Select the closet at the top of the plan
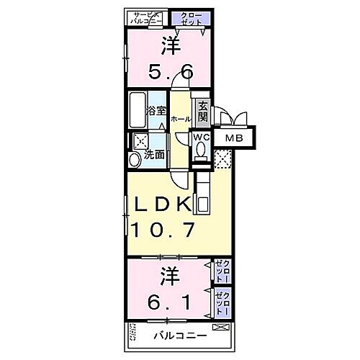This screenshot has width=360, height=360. pos(191,19)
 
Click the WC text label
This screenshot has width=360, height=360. pos(201,136)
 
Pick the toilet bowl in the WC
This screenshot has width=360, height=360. pos(201,150)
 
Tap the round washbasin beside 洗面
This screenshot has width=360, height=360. pos(135,159)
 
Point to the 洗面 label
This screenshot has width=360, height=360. pos(153,154)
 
